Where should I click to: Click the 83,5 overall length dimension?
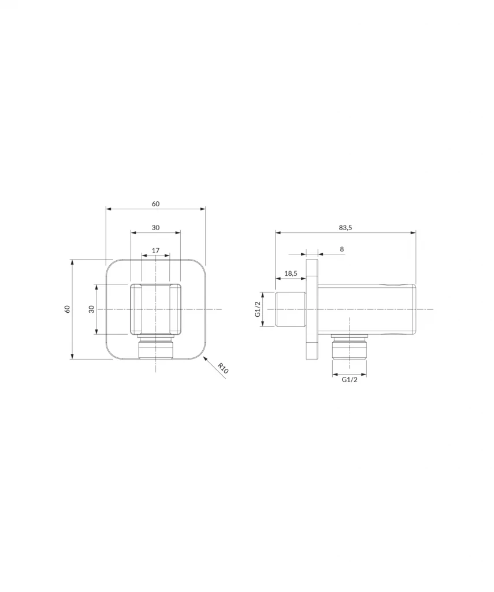[346, 228]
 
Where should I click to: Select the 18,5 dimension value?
[291, 273]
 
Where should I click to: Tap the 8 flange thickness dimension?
[341, 249]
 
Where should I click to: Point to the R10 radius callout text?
[223, 368]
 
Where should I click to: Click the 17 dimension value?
[155, 250]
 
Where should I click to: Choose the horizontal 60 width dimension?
[155, 203]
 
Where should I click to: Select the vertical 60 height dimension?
[68, 309]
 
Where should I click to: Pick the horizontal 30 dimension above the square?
[155, 227]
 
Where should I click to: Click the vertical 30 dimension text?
[91, 309]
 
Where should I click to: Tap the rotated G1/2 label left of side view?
[258, 309]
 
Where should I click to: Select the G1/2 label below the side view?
[349, 380]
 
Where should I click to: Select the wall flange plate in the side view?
[312, 309]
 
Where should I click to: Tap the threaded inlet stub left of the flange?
[291, 309]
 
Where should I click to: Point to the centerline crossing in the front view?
[155, 309]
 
